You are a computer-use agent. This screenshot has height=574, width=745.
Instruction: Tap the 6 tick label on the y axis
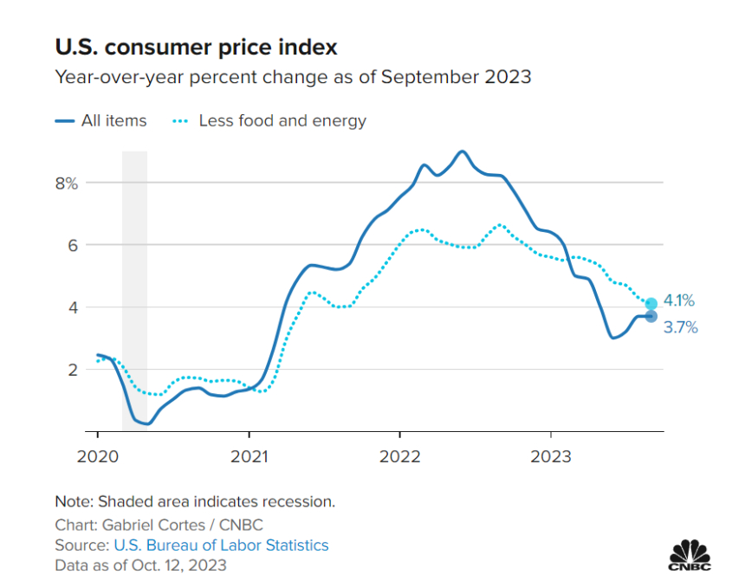(x=74, y=245)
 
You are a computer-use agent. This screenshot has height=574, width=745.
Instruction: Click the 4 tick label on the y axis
(x=74, y=307)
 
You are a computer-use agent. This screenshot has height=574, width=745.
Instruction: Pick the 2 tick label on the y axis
(x=74, y=370)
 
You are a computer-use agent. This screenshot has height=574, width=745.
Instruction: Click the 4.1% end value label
(x=679, y=301)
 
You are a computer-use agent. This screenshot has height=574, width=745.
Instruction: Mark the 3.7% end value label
(x=681, y=327)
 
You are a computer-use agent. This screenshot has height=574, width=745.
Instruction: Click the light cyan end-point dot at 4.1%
(x=651, y=303)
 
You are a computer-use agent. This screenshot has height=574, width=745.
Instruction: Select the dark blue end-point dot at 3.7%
(x=651, y=316)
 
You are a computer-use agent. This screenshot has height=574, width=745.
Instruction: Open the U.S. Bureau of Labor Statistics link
(x=221, y=545)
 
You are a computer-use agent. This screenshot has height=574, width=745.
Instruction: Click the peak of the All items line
(x=462, y=152)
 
